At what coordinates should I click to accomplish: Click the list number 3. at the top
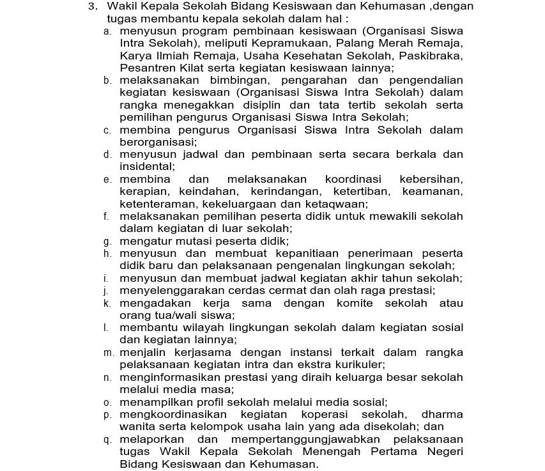[93, 6]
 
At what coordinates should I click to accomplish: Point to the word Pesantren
[145, 68]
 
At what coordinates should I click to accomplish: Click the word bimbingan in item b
[236, 81]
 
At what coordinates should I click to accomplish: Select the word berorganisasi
[157, 143]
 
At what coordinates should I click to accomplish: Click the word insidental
[146, 167]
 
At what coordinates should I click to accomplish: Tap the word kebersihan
[431, 180]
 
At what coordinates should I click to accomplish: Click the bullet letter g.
[107, 242]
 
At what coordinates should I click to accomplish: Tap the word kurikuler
[357, 365]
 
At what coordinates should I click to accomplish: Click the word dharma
[442, 414]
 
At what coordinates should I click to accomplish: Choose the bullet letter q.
[107, 440]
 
